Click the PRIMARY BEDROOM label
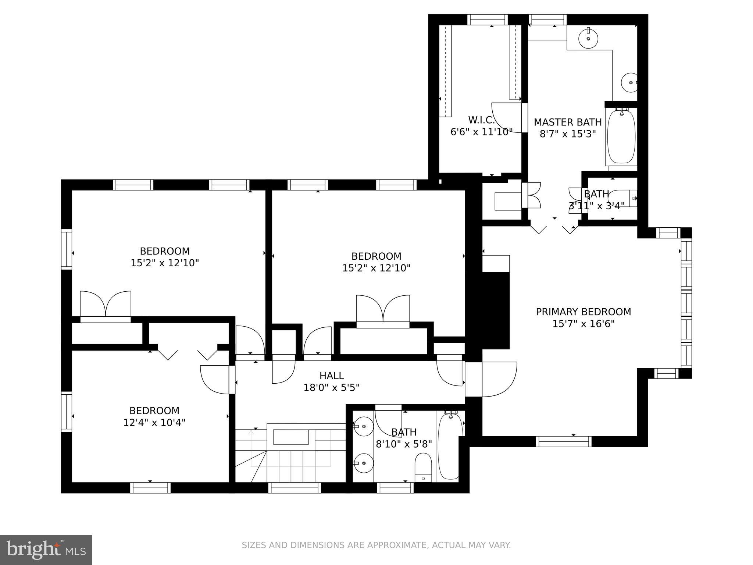point(583,312)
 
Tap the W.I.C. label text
point(481,120)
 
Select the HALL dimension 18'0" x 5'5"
point(331,387)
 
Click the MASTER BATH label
point(567,122)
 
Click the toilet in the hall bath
point(423,466)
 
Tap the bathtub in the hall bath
point(450,446)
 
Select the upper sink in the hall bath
point(363,426)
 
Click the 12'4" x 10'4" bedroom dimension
point(154,422)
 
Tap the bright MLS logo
point(46,550)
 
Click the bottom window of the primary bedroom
point(563,441)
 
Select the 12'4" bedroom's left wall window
point(67,411)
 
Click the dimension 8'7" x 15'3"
point(567,134)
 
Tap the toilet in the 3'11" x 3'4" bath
point(622,198)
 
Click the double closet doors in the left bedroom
point(106,305)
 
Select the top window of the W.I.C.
point(487,19)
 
